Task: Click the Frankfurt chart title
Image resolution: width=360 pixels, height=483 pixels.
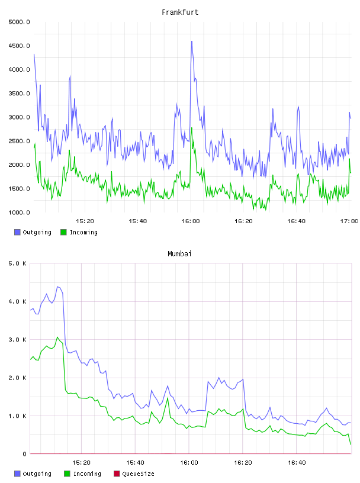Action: click(x=180, y=12)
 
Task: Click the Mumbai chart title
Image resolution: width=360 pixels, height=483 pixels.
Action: click(x=179, y=253)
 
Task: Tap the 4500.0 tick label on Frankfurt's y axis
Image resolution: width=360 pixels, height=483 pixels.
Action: click(x=19, y=46)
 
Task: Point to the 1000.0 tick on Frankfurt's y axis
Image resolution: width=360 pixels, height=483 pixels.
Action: click(x=19, y=212)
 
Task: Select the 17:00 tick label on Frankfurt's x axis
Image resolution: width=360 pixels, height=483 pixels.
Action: click(x=349, y=221)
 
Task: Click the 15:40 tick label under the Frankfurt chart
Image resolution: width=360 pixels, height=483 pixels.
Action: click(x=138, y=221)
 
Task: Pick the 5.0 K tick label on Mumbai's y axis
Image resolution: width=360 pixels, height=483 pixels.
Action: click(x=17, y=263)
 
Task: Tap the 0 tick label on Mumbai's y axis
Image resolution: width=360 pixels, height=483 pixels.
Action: click(x=25, y=454)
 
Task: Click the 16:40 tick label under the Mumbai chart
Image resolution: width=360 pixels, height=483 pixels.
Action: click(x=297, y=462)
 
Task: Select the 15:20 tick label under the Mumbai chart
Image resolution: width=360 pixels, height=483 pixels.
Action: click(x=81, y=462)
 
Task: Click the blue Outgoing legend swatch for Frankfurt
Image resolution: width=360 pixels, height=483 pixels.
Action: click(x=17, y=232)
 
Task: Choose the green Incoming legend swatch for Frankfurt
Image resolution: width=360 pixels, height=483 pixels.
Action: click(x=63, y=232)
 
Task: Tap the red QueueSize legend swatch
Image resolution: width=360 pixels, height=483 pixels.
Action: click(x=117, y=474)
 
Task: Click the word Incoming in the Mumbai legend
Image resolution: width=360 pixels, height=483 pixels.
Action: click(x=87, y=474)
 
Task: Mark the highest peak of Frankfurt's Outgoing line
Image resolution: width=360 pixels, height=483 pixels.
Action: click(x=192, y=41)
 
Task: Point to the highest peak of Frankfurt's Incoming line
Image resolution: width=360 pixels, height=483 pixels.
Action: click(x=192, y=128)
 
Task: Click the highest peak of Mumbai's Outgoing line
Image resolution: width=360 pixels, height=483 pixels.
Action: click(x=57, y=286)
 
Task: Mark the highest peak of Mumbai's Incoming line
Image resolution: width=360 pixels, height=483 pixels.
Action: click(x=57, y=337)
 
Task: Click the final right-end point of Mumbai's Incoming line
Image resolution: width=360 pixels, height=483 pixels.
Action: click(x=351, y=444)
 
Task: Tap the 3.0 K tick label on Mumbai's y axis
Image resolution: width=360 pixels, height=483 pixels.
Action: click(x=17, y=339)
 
